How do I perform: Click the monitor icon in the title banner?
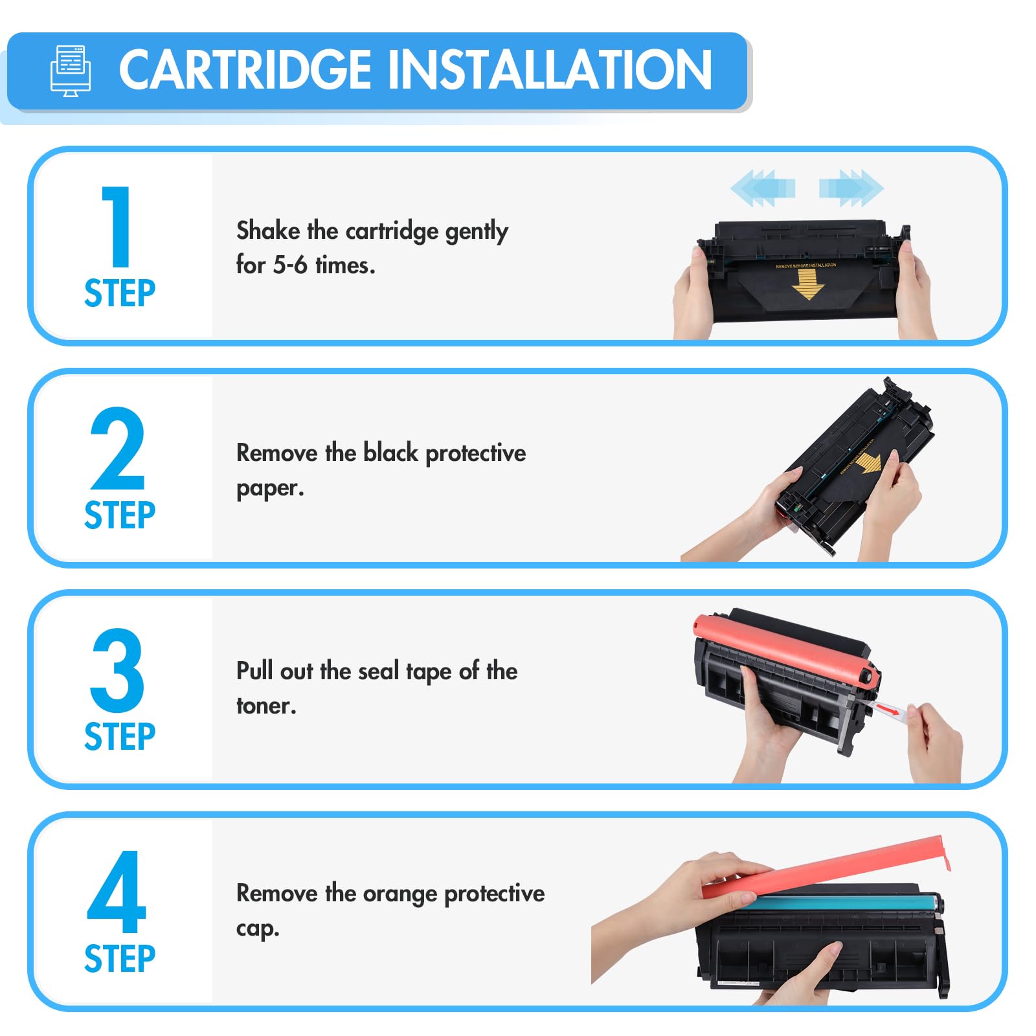coord(71,71)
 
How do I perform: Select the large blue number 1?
coord(117,226)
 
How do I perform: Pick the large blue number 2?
coord(117,448)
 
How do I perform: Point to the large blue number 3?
coord(117,670)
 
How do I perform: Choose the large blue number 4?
coord(117,892)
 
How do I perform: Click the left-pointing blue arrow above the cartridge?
coord(762,188)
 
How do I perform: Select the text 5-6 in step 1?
coord(290,265)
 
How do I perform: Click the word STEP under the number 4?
coord(120,959)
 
